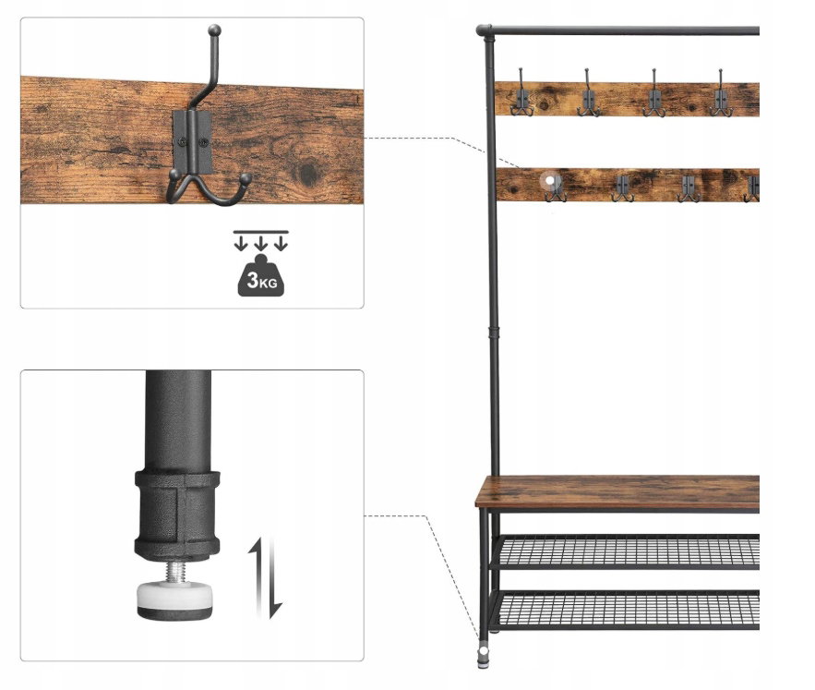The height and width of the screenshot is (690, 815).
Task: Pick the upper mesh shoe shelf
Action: tap(628, 551)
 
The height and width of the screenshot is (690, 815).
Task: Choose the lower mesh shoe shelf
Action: tap(628, 609)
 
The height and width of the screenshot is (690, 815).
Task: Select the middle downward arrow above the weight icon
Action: tap(261, 243)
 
